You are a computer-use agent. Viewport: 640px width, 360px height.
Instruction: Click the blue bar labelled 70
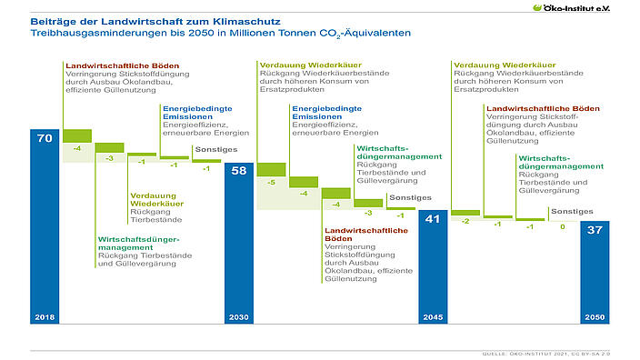point(45,227)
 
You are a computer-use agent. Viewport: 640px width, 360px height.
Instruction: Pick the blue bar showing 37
point(595,273)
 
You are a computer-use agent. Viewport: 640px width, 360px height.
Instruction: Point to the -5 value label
point(272,183)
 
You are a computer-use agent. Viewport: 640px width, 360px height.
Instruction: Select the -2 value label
point(465,221)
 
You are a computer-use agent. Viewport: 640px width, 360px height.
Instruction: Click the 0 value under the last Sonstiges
point(563,225)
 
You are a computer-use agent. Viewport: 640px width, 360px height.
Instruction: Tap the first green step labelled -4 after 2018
point(77,136)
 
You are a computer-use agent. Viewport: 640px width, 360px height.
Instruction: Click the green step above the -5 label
point(272,169)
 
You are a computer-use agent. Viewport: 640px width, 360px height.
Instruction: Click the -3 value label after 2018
point(110,158)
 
